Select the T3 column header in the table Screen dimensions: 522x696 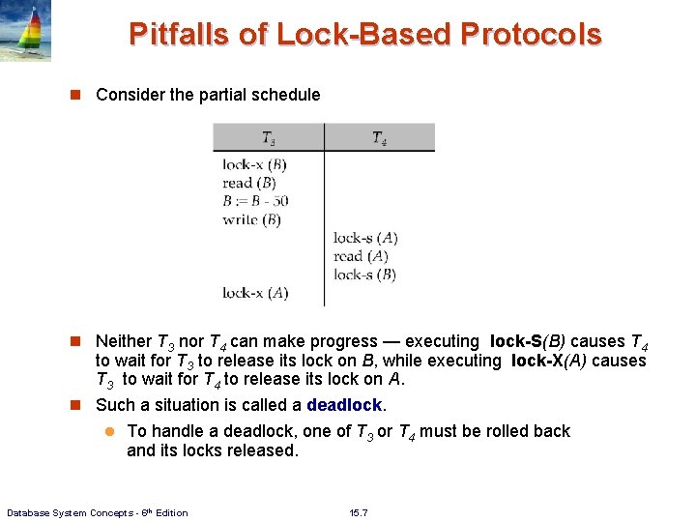269,138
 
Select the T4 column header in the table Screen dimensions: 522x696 379,138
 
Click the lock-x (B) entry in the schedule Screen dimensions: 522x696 254,164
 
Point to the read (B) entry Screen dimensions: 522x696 249,183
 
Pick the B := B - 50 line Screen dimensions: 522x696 255,201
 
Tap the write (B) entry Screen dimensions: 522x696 251,219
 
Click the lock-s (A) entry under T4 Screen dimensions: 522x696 365,238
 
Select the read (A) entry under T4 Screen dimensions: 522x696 361,256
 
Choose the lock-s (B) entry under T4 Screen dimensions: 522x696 364,275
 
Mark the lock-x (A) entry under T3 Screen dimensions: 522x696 255,293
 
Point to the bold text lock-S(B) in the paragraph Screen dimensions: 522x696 536,341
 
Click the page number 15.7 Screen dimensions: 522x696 360,512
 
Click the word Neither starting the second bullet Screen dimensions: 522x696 124,341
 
